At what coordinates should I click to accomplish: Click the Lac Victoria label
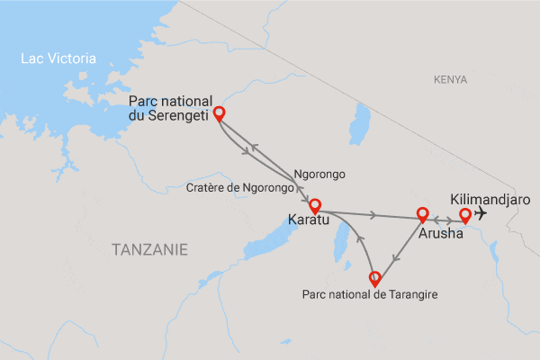click(x=59, y=58)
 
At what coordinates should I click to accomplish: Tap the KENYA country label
click(x=450, y=80)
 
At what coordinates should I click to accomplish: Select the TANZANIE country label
click(x=150, y=248)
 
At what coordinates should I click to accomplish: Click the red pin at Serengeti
click(x=218, y=114)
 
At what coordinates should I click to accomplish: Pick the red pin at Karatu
click(x=314, y=205)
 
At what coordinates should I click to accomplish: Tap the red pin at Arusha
click(x=421, y=214)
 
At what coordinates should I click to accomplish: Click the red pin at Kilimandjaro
click(x=465, y=215)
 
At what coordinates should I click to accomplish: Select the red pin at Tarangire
click(x=375, y=278)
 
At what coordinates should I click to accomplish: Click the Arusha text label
click(x=441, y=232)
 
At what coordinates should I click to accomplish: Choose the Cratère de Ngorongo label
click(x=240, y=188)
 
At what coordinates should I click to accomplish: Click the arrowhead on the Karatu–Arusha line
click(x=373, y=214)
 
